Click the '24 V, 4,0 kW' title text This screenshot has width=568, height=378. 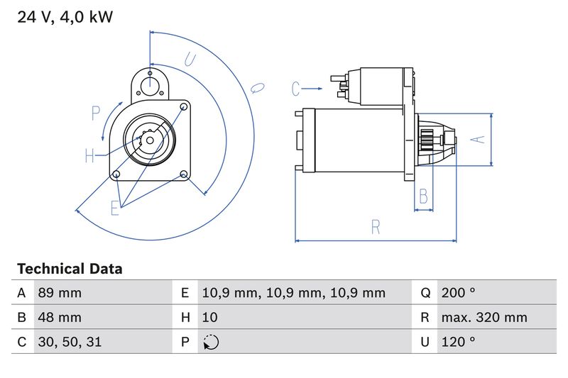coord(65,17)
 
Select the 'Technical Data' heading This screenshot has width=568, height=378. coord(70,269)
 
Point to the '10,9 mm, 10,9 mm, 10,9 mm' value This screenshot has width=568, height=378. coord(293,293)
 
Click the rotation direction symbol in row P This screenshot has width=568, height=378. coord(211,342)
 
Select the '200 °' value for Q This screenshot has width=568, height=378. coord(458,293)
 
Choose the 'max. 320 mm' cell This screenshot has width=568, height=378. coord(484,318)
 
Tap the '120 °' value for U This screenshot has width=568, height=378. coord(458,342)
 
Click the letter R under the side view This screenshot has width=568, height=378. coord(376,227)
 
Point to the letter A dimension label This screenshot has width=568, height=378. coord(479,139)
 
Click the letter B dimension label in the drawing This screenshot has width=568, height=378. coord(424,196)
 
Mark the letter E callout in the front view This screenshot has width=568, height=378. coord(115,208)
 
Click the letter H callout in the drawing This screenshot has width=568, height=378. coord(89,156)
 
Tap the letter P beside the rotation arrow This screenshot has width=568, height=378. coord(96,113)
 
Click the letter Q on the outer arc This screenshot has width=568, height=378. coord(257,87)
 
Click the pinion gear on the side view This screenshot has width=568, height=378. coord(427,140)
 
